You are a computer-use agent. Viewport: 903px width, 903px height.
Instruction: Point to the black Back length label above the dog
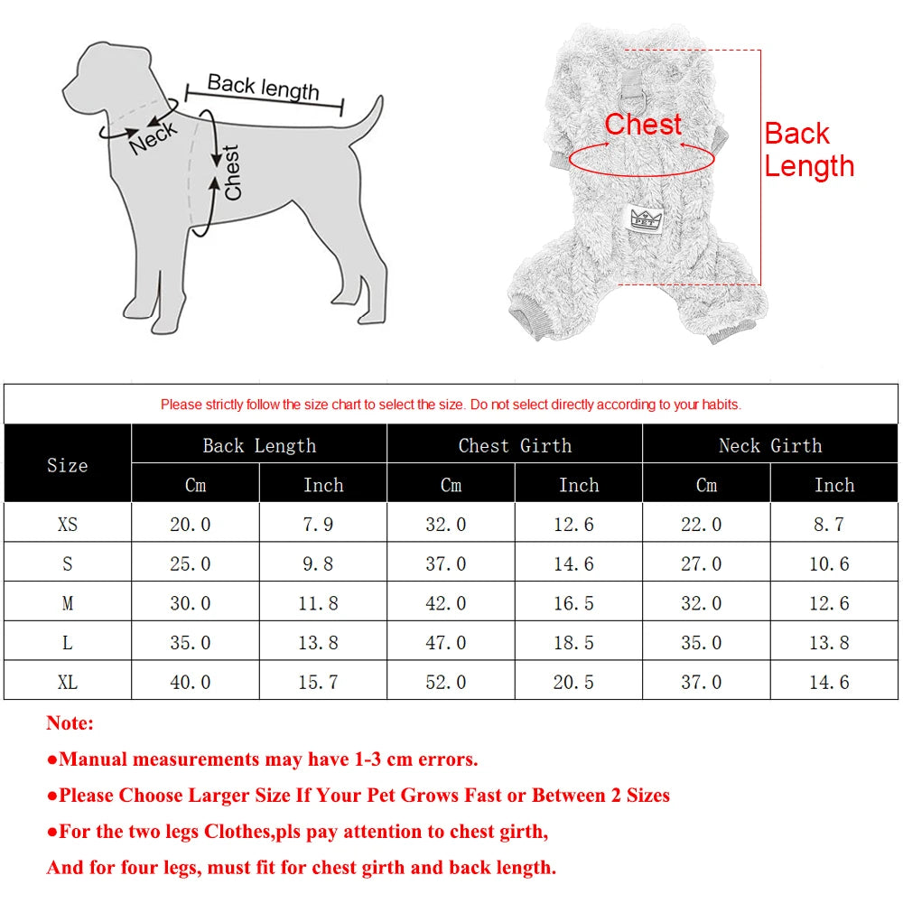(x=263, y=87)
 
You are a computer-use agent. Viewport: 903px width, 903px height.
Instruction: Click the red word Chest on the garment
(x=643, y=125)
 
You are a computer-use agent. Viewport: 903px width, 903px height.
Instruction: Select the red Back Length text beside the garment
(x=808, y=150)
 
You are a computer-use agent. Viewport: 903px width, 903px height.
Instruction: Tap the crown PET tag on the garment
(x=643, y=218)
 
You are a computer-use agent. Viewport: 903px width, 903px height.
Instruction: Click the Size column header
(x=68, y=465)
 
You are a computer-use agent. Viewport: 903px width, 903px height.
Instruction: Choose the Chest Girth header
(x=515, y=445)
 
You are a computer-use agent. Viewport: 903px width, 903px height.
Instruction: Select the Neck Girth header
(x=770, y=445)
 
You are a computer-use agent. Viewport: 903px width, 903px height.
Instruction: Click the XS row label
(x=68, y=524)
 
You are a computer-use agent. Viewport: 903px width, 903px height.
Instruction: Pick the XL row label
(x=68, y=682)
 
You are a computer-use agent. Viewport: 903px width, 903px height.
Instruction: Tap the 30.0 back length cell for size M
(x=191, y=603)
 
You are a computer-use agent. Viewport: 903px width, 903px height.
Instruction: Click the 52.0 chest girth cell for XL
(x=446, y=682)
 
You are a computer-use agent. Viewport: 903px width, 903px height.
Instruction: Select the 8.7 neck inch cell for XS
(x=828, y=524)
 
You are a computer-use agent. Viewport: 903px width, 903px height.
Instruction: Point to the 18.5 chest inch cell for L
(x=574, y=643)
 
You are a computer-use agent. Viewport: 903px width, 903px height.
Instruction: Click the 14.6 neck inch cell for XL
(x=829, y=682)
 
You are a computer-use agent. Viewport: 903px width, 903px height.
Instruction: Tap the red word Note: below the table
(x=70, y=723)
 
